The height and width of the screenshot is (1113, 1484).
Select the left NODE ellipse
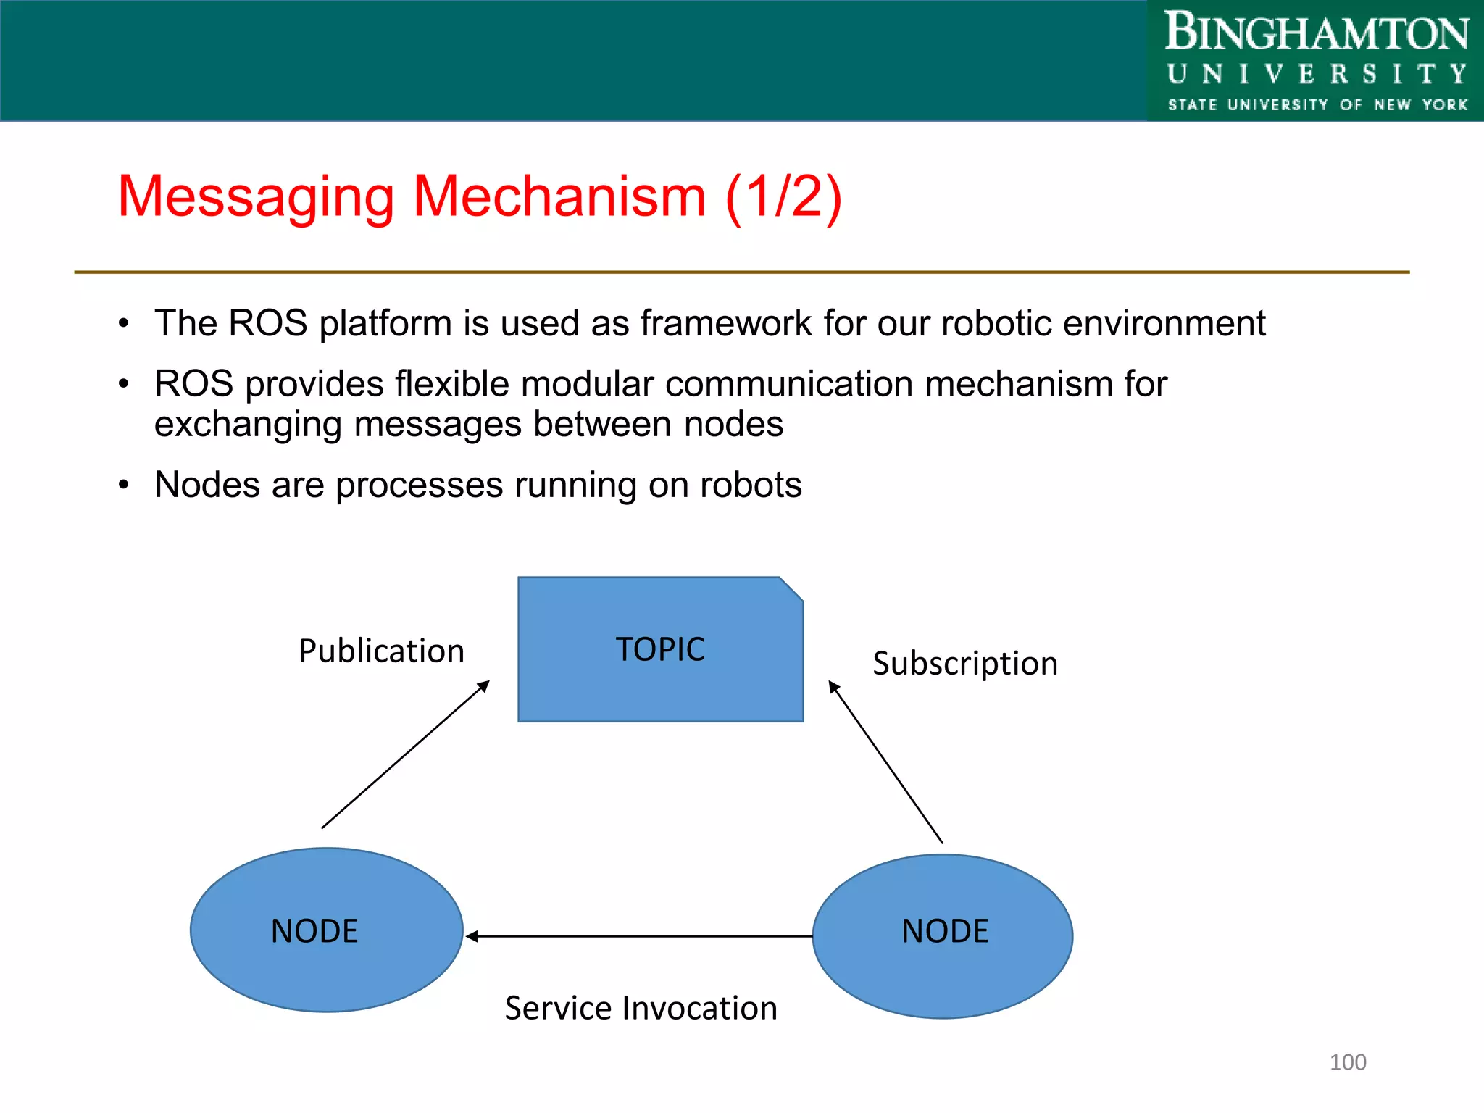click(326, 930)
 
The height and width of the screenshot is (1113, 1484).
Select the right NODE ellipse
click(943, 936)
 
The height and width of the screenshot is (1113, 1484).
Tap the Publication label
click(381, 651)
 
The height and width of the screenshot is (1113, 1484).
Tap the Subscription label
click(964, 663)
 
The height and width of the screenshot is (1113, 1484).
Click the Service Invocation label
click(641, 1008)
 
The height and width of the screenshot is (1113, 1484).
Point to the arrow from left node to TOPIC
click(406, 754)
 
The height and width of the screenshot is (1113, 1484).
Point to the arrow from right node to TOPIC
click(885, 762)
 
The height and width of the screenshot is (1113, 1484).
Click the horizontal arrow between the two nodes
click(638, 936)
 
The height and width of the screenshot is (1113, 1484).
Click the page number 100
click(1347, 1062)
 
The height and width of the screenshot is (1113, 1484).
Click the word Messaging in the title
click(256, 196)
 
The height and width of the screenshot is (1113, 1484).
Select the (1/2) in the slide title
click(783, 196)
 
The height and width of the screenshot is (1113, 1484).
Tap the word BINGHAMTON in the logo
click(1316, 33)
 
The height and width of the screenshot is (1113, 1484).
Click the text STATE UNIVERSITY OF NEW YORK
click(1317, 105)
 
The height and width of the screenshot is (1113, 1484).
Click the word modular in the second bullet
click(587, 384)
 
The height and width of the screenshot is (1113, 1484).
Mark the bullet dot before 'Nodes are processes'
click(124, 485)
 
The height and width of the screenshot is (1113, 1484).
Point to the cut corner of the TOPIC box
click(791, 588)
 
